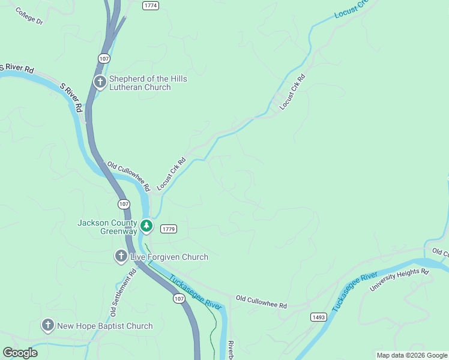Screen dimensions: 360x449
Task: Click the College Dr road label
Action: coord(29,17)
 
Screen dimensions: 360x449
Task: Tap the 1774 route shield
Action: coord(151,5)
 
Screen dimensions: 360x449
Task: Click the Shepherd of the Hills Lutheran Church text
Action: coord(148,83)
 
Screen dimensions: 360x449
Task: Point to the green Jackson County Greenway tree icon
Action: coord(146,226)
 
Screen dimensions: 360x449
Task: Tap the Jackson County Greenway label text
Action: coord(107,227)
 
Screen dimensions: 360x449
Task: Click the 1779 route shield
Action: coord(169,229)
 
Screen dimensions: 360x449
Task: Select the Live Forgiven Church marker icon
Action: coord(121,257)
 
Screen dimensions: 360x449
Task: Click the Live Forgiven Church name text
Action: coord(169,257)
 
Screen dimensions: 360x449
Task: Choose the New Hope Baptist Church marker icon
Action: coord(48,326)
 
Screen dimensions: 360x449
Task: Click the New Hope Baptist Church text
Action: coord(104,326)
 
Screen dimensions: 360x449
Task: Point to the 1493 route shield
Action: coord(318,316)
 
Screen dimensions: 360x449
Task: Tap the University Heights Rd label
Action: coord(399,280)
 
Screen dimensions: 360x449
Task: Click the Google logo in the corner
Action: coord(20,353)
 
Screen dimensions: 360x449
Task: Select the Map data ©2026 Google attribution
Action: coord(412,355)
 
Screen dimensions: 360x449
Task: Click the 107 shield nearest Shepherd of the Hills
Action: coord(104,58)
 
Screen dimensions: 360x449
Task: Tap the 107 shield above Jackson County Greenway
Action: coord(124,204)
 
